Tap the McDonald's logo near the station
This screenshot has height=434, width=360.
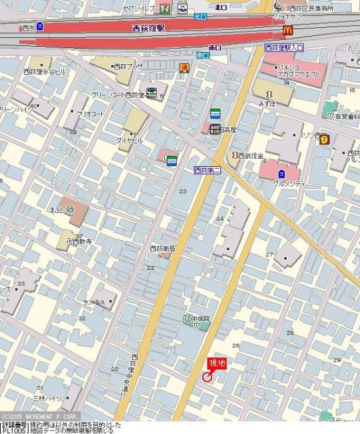(287, 30)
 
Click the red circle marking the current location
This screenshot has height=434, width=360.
(207, 378)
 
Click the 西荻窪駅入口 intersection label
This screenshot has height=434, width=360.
(284, 48)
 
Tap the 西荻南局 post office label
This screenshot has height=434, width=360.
(163, 249)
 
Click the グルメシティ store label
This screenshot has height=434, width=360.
(290, 184)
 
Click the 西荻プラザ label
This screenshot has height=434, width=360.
(129, 66)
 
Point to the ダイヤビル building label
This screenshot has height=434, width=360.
(129, 140)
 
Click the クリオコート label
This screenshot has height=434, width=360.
(90, 114)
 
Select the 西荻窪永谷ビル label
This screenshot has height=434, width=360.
(45, 71)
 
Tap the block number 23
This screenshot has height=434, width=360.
(182, 192)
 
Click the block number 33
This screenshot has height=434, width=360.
(21, 283)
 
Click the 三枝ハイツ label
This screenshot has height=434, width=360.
(47, 398)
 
